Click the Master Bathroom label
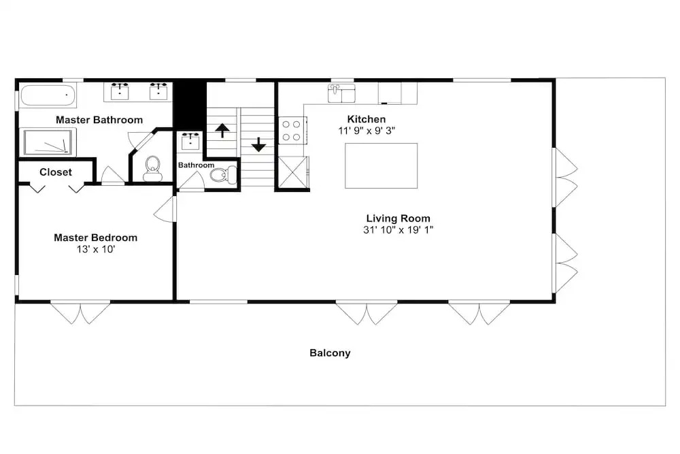point(99,120)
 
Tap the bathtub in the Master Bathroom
point(48,95)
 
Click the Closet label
point(56,172)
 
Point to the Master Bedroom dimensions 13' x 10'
point(96,249)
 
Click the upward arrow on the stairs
point(222,130)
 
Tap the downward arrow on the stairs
point(258,144)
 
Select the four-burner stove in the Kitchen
point(292,131)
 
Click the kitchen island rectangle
point(381,166)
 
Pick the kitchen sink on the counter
point(341,93)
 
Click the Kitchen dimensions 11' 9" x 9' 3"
point(367,131)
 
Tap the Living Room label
point(398,218)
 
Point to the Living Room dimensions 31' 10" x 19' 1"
point(398,229)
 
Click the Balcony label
point(330,353)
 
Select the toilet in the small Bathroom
point(223,175)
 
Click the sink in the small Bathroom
point(190,141)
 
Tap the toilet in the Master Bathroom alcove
point(152,169)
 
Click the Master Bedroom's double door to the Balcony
point(81,313)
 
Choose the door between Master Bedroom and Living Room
point(165,209)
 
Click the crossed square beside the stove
point(292,172)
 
